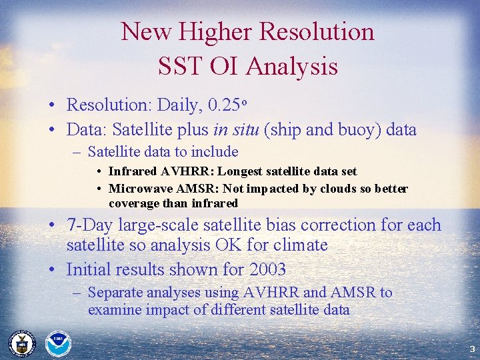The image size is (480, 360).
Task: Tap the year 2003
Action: (265, 269)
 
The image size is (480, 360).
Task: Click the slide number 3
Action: (471, 349)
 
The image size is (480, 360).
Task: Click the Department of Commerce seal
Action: (21, 343)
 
